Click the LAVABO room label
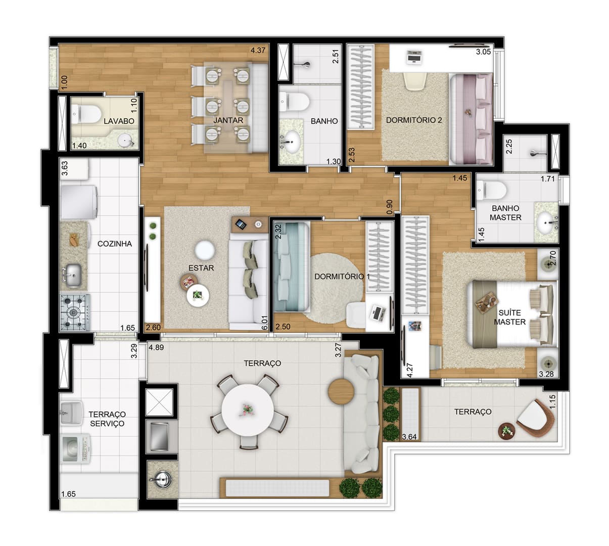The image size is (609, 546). [x=119, y=121]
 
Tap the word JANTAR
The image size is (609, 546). [x=228, y=120]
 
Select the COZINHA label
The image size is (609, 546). [x=115, y=244]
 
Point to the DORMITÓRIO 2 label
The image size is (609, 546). [x=414, y=120]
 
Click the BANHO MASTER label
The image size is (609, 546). [x=505, y=212]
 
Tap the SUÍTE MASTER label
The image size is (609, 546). [x=509, y=317]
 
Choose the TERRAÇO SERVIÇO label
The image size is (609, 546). [x=107, y=419]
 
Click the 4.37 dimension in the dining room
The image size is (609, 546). [x=258, y=50]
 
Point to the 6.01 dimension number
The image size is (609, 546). [x=264, y=323]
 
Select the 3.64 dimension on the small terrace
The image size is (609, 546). [x=409, y=437]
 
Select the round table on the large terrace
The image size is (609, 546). [x=248, y=410]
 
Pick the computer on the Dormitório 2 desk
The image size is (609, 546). [x=414, y=57]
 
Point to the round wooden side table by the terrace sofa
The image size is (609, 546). [x=341, y=392]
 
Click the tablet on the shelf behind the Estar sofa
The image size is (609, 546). [x=241, y=224]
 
